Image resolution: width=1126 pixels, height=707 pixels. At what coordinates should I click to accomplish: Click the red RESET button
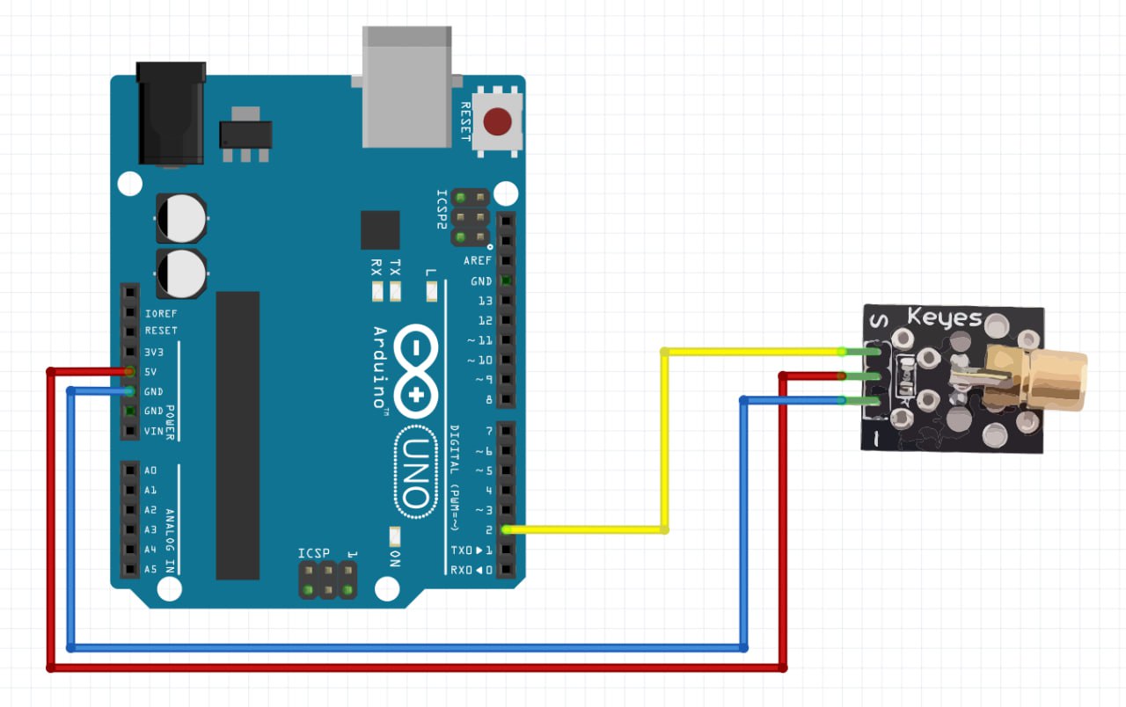(499, 122)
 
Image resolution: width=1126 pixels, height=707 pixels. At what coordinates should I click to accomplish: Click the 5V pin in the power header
(130, 372)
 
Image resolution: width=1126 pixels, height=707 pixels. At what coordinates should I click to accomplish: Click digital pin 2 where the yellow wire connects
(506, 529)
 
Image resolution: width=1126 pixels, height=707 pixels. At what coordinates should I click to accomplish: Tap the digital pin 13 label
(485, 301)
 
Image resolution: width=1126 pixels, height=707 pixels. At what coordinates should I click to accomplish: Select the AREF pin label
(479, 261)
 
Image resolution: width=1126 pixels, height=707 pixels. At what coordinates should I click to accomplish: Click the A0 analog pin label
(150, 470)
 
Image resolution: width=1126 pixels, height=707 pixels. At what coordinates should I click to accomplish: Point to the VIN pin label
(154, 431)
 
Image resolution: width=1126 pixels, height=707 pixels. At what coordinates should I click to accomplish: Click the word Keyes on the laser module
(944, 317)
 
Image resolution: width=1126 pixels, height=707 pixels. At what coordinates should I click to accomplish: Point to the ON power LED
(394, 536)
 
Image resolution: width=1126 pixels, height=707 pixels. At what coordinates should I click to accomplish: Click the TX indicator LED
(395, 291)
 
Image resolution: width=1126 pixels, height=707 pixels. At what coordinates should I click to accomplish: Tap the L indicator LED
(430, 290)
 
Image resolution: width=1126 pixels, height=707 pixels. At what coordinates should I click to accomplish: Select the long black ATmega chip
(238, 435)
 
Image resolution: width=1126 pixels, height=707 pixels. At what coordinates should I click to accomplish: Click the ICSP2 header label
(442, 209)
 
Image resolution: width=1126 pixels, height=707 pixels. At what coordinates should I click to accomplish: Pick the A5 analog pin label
(150, 569)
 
